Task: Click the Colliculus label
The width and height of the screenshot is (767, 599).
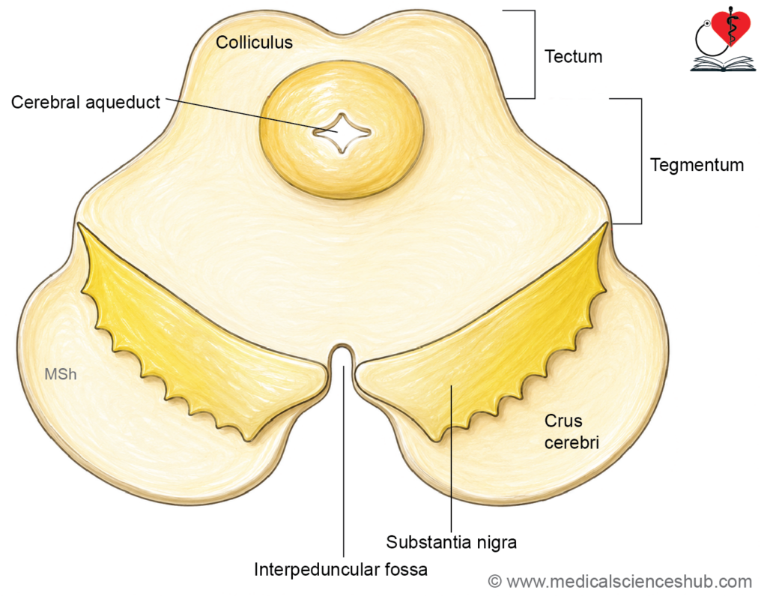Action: point(254,42)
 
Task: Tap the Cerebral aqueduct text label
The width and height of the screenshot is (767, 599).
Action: point(85,103)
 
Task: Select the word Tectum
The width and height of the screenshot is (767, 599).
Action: point(573,56)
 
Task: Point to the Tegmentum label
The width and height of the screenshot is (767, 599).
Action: point(697,165)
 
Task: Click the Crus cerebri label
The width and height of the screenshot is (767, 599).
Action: point(572,432)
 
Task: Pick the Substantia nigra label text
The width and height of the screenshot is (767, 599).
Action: point(451,542)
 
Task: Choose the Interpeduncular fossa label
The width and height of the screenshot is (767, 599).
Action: point(341,569)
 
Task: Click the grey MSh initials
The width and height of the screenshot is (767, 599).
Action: point(61,374)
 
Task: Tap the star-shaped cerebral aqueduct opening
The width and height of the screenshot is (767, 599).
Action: point(342,132)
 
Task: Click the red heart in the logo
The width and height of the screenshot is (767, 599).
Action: point(731,27)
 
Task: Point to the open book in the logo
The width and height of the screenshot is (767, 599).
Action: point(723,64)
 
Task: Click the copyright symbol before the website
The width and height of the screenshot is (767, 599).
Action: point(495,581)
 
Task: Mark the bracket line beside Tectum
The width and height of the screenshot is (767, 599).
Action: point(535,55)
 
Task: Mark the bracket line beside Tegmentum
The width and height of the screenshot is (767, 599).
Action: point(641,162)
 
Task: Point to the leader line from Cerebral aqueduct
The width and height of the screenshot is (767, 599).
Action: point(252,115)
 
